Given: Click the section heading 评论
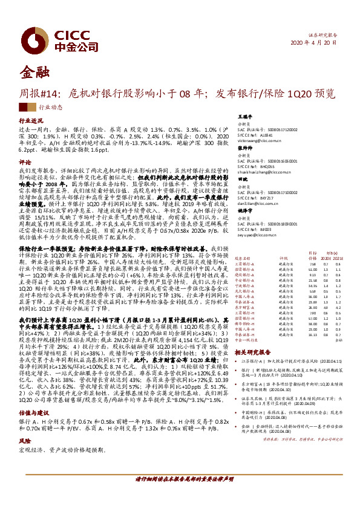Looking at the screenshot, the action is tap(24, 163).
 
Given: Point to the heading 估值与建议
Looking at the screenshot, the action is tap(31, 393).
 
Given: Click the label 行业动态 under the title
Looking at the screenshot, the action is tap(50, 106).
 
